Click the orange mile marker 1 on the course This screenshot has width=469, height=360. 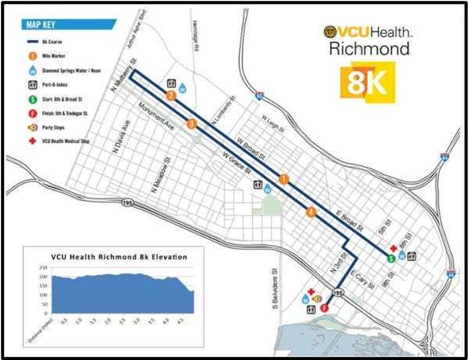pyautogui.click(x=284, y=179)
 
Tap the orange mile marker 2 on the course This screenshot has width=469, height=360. pyautogui.click(x=171, y=96)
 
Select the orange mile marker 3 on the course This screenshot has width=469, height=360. pyautogui.click(x=192, y=124)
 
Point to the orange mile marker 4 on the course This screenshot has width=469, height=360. pyautogui.click(x=311, y=212)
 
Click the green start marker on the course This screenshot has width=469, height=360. pyautogui.click(x=391, y=258)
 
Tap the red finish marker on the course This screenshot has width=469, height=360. pyautogui.click(x=324, y=308)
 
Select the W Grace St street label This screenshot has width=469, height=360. pyautogui.click(x=236, y=162)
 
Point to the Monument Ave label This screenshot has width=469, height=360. pyautogui.click(x=155, y=118)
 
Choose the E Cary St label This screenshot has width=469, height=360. pyautogui.click(x=362, y=280)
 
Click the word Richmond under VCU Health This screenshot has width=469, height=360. pyautogui.click(x=369, y=49)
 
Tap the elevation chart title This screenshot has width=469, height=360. pyautogui.click(x=119, y=257)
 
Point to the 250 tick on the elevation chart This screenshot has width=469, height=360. pyautogui.click(x=43, y=268)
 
